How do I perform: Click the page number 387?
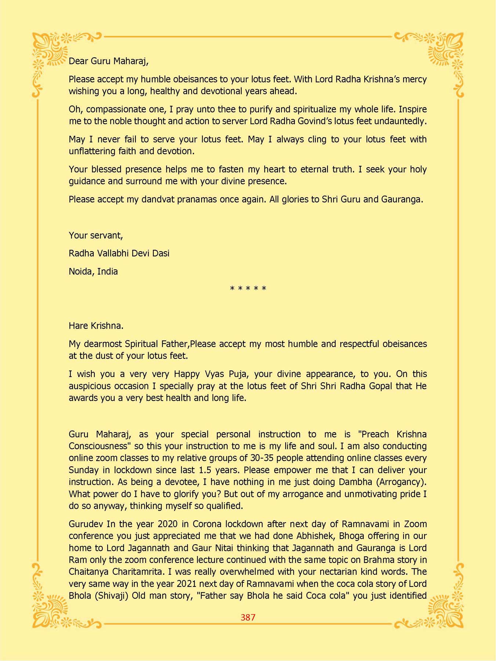point(248,617)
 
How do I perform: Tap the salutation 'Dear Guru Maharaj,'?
point(109,61)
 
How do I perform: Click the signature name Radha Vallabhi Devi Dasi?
point(119,253)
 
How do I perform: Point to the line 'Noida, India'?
point(93,272)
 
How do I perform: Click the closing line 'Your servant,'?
point(96,235)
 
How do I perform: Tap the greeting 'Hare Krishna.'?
point(96,326)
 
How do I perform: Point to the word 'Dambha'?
point(354,482)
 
